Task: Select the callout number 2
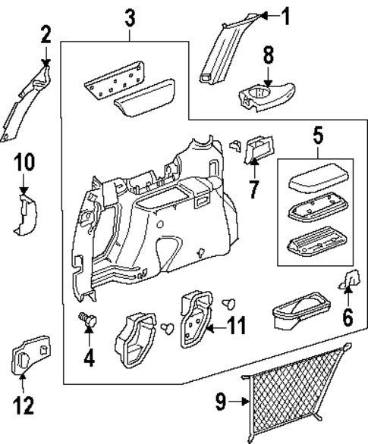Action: pos(46,34)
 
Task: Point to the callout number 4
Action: pos(90,355)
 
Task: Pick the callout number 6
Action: pos(347,316)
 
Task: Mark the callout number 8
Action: pos(267,55)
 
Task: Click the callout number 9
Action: pos(220,402)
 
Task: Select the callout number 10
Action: pos(24,163)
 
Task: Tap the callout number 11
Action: pos(237,327)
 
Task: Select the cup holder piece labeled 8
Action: pos(265,96)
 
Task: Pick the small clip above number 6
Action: pos(351,280)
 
